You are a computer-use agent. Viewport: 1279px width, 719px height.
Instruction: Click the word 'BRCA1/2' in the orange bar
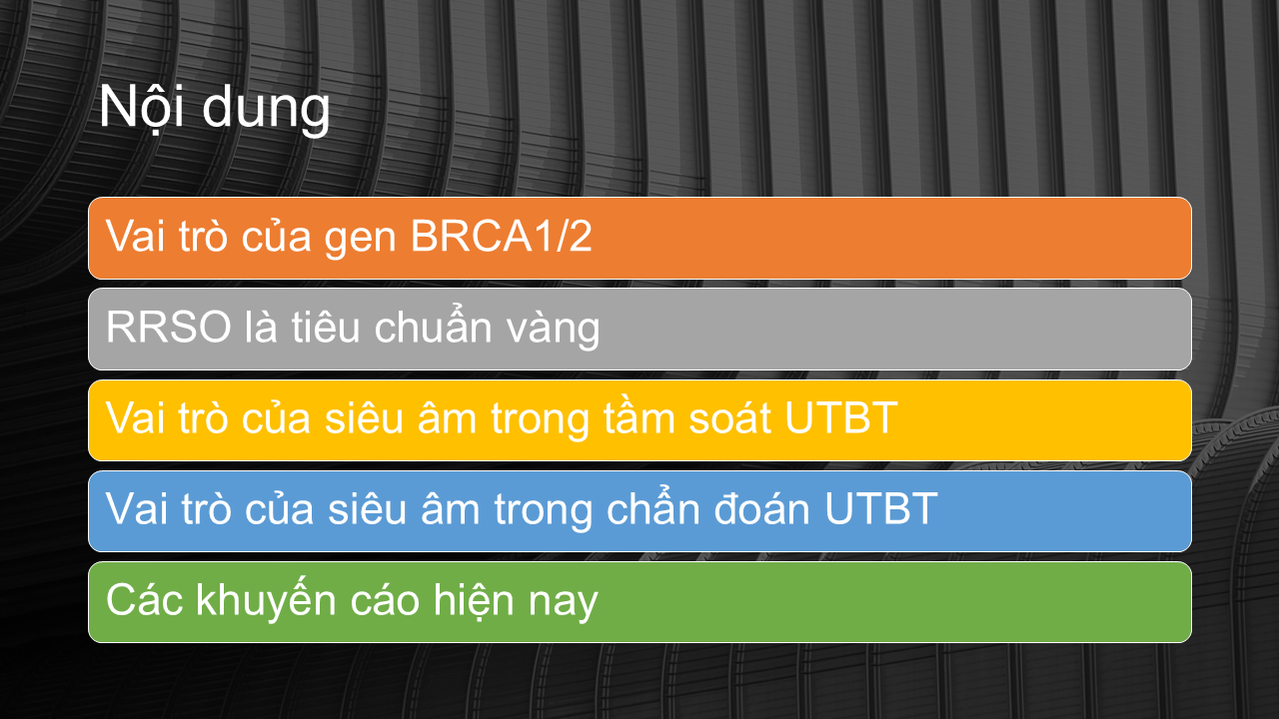[502, 236]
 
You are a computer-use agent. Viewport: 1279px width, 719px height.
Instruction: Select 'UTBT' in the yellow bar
[841, 417]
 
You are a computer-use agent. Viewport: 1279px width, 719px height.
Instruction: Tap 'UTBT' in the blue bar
[881, 508]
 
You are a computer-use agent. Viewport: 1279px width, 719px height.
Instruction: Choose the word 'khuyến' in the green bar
[267, 600]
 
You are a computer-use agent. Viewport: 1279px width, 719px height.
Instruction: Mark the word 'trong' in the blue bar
[543, 512]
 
